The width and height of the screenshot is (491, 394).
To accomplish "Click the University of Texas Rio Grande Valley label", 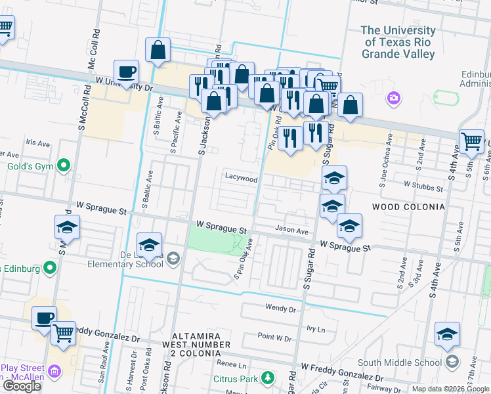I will point(398,42).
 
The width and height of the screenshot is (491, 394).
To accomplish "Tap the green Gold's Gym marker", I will point(64,165).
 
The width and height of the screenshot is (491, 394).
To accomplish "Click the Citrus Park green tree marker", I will point(267,378).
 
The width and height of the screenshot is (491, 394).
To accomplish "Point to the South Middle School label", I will point(399,362).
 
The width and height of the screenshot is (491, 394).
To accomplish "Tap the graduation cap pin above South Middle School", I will point(448,334).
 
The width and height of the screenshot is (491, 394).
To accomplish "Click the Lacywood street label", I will point(242,179).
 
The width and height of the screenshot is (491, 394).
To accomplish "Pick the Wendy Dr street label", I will point(281,307).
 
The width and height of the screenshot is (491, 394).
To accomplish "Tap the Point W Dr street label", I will point(274,338).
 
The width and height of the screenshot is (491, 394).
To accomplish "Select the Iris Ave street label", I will point(37,142).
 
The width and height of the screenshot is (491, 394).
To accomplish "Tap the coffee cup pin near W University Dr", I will point(126,72).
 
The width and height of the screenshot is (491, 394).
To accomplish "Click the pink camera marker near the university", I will point(394,98).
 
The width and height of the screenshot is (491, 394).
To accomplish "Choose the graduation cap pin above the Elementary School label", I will point(150,244).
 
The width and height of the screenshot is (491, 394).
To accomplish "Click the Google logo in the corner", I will point(22,386).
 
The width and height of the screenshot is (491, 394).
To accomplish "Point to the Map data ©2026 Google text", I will point(450,389).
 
